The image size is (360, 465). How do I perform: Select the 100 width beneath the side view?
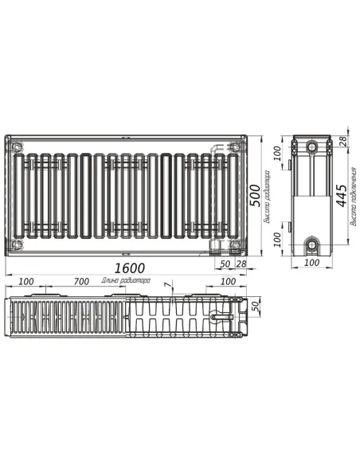(311, 263)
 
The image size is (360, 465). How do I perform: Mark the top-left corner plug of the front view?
(17, 146)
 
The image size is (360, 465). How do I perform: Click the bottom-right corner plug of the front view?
(234, 242)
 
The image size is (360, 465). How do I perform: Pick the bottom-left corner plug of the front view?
(17, 242)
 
